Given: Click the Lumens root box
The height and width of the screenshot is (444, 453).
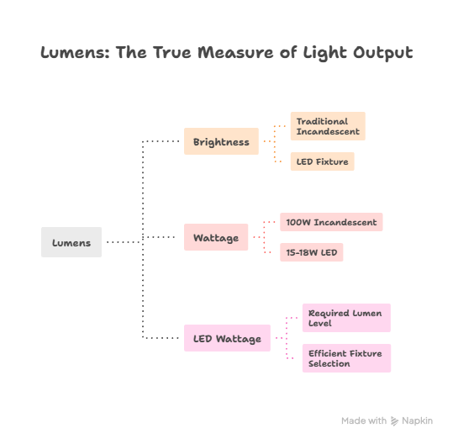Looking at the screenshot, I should click(x=71, y=242).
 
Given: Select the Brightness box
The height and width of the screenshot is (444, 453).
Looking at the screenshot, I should click(x=221, y=141).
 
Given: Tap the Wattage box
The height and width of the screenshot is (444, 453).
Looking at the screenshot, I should click(x=216, y=237).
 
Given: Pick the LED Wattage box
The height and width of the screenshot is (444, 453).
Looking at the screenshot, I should click(x=227, y=338).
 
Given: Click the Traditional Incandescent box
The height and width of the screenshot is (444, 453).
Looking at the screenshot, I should click(x=328, y=126).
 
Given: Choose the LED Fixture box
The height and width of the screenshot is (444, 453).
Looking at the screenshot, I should click(x=322, y=161).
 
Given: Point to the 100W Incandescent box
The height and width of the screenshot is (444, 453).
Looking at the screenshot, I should click(x=332, y=222).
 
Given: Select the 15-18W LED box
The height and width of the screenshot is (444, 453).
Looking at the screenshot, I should click(x=311, y=252).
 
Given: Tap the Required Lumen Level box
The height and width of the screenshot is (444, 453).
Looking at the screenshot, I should click(x=345, y=318).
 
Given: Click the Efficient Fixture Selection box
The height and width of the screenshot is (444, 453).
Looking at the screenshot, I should click(x=345, y=358).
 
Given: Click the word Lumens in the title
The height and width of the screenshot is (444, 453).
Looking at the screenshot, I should click(x=74, y=53).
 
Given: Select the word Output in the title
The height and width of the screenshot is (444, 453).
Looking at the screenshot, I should click(x=383, y=53).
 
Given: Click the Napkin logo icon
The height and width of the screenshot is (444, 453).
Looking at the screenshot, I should click(x=396, y=420).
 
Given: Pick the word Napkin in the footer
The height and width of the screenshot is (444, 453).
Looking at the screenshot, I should click(x=418, y=420).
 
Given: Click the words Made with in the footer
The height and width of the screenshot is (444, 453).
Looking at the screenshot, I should click(x=363, y=420).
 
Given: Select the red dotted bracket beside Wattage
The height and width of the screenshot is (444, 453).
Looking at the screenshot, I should click(x=266, y=237).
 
